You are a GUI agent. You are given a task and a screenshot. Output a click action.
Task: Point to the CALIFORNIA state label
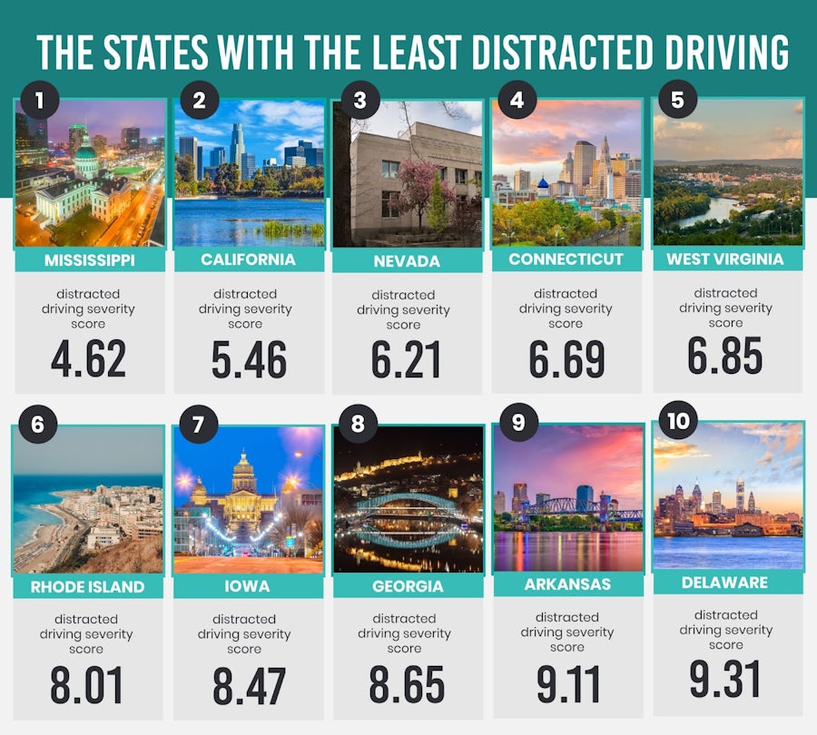coord(249,260)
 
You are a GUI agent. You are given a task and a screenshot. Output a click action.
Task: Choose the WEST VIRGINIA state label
coord(727,259)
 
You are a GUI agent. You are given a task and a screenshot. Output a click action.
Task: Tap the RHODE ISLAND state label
coord(88,586)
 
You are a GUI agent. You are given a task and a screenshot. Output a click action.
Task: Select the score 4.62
coord(88,358)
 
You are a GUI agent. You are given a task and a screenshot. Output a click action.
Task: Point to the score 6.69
coord(566,358)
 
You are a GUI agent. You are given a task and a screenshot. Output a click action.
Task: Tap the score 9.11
coord(566,683)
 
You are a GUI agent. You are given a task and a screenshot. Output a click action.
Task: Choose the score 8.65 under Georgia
coord(407,685)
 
